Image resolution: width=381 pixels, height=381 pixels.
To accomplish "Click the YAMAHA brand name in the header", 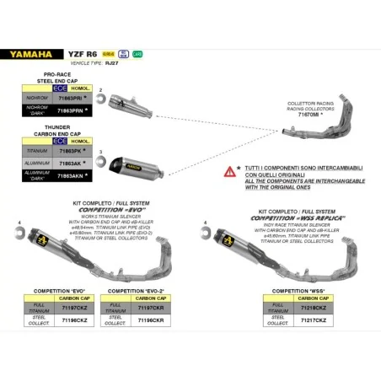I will (33, 53).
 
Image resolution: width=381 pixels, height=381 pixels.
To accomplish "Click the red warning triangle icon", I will (230, 171).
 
